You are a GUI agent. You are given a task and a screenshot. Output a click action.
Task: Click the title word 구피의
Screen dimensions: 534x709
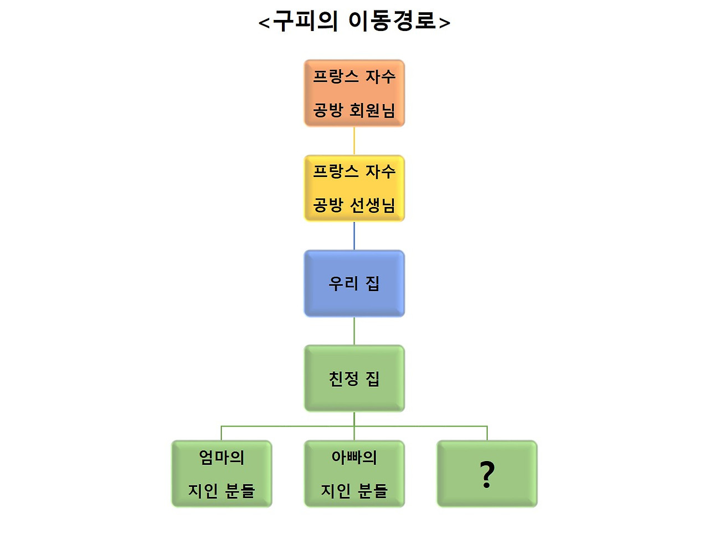tap(305, 22)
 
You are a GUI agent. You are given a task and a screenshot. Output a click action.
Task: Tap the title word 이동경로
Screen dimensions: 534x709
tap(392, 21)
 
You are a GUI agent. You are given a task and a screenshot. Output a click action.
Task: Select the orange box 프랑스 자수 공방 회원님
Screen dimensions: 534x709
tap(354, 93)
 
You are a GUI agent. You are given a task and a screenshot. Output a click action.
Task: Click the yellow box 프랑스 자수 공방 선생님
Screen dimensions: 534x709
tap(354, 188)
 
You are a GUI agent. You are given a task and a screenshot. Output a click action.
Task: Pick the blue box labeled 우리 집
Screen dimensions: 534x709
tap(354, 283)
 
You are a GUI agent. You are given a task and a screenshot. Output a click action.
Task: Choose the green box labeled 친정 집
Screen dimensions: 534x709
tap(354, 379)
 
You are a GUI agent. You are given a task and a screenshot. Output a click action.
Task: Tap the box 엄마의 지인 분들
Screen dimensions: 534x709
tap(222, 474)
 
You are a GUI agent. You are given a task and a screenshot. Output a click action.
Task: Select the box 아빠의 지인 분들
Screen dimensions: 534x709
tap(354, 474)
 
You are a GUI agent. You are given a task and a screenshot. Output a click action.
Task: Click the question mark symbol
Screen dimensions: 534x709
tap(487, 474)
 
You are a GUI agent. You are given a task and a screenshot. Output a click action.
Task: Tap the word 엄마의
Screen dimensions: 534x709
tap(222, 457)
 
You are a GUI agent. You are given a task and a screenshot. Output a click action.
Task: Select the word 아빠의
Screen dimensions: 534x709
tap(354, 457)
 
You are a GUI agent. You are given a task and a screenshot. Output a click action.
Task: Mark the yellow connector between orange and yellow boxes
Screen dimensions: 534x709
tap(354, 141)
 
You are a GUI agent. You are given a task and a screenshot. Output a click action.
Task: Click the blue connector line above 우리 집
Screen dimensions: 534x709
tap(354, 236)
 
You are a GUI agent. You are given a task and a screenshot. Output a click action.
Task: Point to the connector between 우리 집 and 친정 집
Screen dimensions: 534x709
tap(354, 331)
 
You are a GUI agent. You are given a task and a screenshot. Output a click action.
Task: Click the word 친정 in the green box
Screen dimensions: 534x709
tap(343, 379)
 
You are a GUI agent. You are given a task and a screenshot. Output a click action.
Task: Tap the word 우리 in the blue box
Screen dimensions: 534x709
tap(343, 283)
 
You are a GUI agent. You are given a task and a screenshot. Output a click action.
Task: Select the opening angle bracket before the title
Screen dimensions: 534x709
tap(264, 23)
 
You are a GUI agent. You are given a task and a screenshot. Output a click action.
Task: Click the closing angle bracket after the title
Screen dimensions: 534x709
tap(444, 23)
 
